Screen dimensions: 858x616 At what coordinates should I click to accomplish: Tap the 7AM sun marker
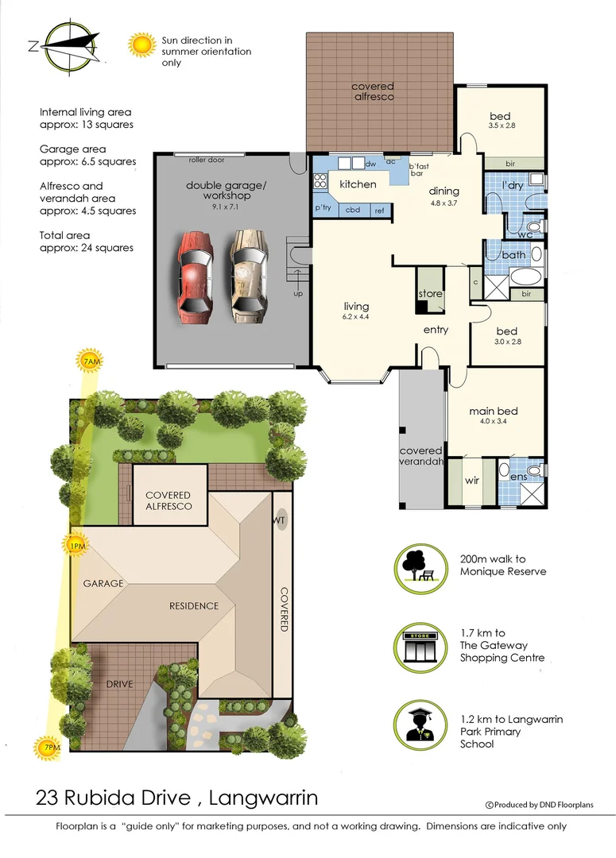[91, 361]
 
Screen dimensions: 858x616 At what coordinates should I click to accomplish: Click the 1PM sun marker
[76, 545]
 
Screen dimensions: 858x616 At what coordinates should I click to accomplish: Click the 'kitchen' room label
[358, 184]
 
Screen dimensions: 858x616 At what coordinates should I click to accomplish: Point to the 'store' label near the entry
[430, 294]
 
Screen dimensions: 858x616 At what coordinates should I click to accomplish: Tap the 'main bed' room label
[493, 411]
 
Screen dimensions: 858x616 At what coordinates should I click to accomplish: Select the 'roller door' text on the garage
[207, 160]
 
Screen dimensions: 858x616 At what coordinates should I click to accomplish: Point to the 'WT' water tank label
[280, 521]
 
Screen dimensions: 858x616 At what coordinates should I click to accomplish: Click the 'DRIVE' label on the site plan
[119, 684]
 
